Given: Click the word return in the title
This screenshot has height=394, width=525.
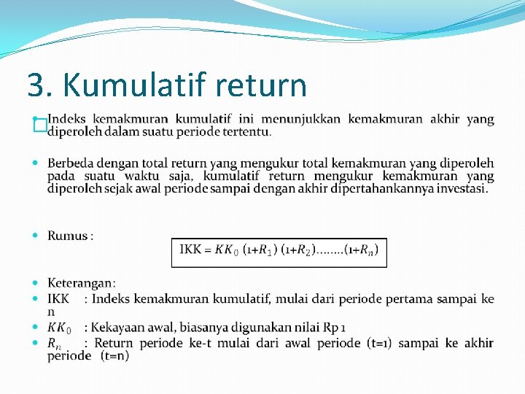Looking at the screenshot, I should pos(262,85).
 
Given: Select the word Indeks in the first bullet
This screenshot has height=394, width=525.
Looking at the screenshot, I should pos(67,119).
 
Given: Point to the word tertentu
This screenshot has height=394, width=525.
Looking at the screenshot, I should pos(247,132).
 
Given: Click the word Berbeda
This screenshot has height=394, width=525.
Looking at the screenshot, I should pos(71,163).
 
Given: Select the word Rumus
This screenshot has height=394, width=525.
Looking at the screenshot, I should pos(68,236).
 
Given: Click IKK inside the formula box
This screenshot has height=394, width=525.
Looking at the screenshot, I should pos(191,250).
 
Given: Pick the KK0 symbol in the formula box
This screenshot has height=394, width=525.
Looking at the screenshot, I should pos(227,250).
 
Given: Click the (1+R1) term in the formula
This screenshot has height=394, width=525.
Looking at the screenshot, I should pos(260,250).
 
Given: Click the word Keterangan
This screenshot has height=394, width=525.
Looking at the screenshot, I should pos(81,283).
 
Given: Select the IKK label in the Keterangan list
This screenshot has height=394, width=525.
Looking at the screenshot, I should pos(58,298).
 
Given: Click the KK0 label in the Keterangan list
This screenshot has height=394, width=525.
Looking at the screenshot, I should pos(59,328).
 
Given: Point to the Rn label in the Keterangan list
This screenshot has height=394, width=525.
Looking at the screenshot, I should pos(55,343).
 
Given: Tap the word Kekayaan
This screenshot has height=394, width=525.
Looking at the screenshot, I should pos(120,328).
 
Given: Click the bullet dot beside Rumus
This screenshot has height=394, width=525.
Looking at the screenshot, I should pos(37,236).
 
